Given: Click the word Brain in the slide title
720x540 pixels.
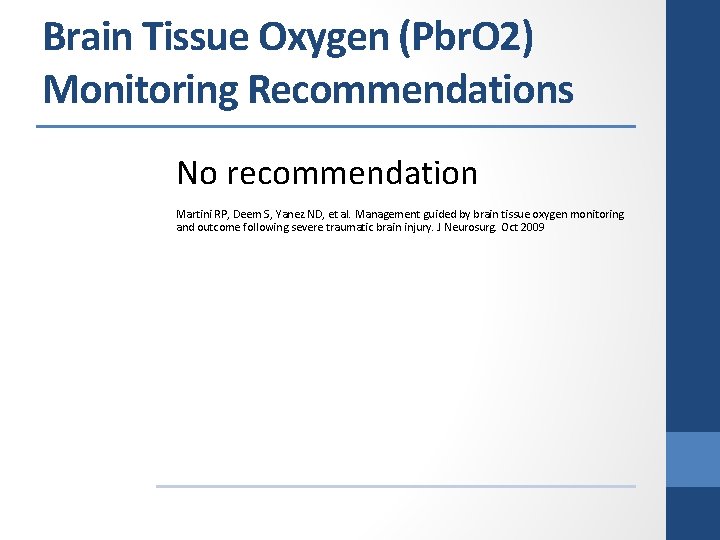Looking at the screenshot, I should click(x=88, y=38).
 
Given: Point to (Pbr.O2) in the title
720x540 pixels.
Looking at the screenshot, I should click(x=468, y=38).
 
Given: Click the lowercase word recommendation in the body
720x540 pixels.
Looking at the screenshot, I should click(x=352, y=174).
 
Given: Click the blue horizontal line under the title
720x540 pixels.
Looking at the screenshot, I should click(x=336, y=127).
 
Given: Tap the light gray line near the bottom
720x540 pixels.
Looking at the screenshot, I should click(x=395, y=487).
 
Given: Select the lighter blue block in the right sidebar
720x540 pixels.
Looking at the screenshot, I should click(x=692, y=460).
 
